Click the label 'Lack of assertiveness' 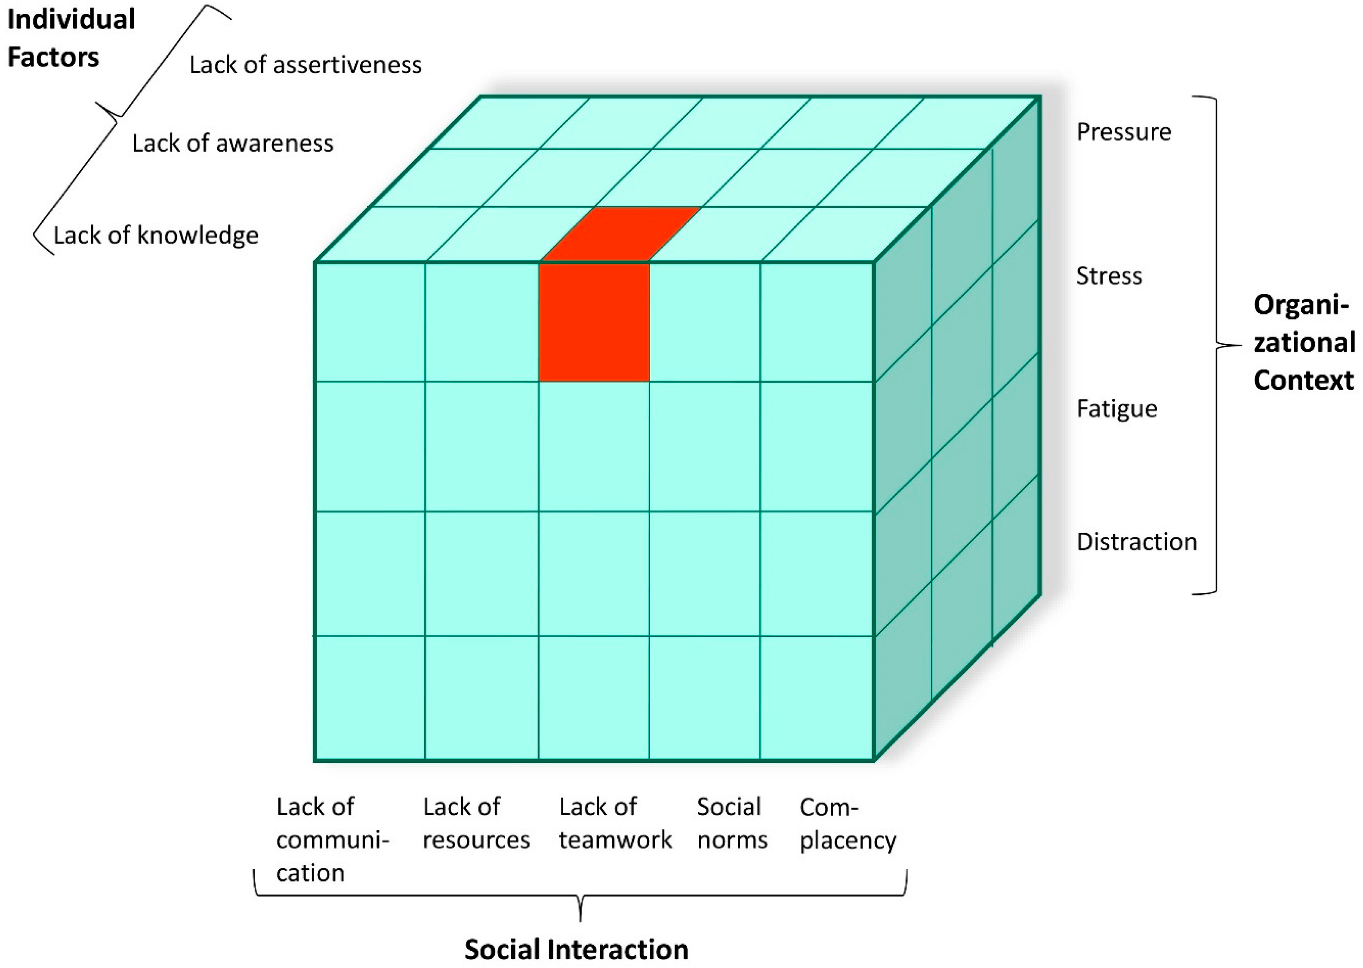[x=305, y=65]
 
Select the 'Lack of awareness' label [x=232, y=144]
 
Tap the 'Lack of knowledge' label [x=156, y=235]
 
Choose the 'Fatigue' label [x=1116, y=409]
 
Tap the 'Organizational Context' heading [x=1303, y=343]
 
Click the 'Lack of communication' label [x=331, y=839]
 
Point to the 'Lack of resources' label [x=475, y=823]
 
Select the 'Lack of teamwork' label [x=614, y=823]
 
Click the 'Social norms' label [x=732, y=823]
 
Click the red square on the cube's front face [x=594, y=322]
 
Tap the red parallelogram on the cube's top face [x=620, y=234]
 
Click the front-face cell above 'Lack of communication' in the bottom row [x=370, y=698]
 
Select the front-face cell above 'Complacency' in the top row [x=817, y=322]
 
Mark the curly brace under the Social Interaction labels [x=580, y=895]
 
